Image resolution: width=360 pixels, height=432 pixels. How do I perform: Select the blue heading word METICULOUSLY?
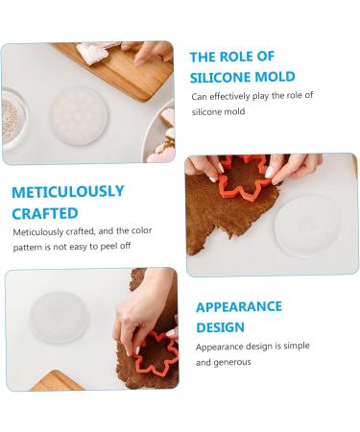[x=68, y=192]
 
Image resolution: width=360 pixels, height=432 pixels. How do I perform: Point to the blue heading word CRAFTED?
[x=45, y=212]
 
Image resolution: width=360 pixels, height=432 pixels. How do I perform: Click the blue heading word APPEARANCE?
[x=239, y=307]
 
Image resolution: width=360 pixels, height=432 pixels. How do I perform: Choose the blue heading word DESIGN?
[x=220, y=327]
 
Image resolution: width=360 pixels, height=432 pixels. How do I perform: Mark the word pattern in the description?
[x=31, y=247]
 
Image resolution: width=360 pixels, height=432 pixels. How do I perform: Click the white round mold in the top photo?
[x=79, y=113]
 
